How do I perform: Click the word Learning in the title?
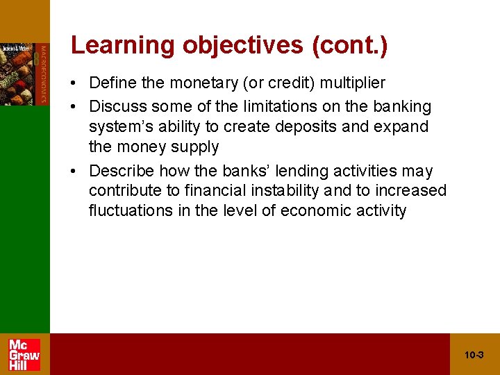point(123,45)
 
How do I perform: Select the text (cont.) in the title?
point(350,45)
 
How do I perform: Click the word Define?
point(112,83)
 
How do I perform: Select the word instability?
point(277,191)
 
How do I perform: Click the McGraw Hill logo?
point(24,354)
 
